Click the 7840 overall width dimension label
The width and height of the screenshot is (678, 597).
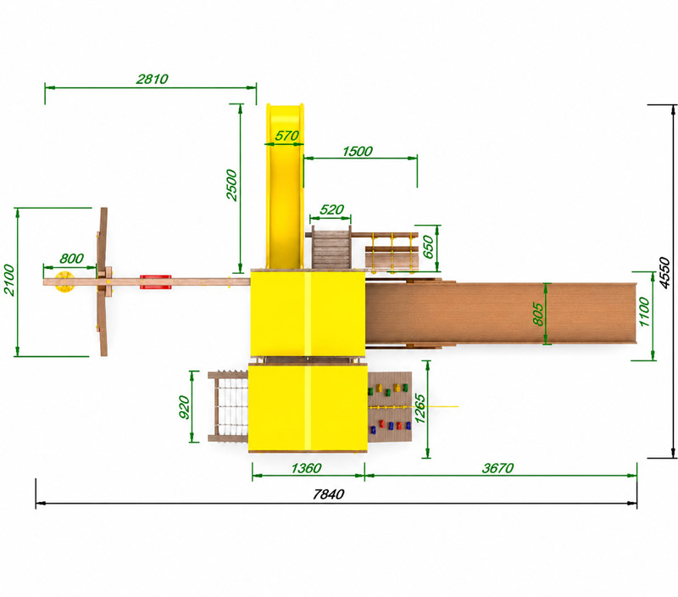coord(328,494)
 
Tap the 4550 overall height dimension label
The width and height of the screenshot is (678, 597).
coord(665,272)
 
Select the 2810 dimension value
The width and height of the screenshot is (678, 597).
coord(153,79)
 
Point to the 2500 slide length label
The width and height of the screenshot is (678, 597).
coord(231,185)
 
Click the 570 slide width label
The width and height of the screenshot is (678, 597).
coord(286,136)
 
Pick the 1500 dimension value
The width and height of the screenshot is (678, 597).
coord(357,152)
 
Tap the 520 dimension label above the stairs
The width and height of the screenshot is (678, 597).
coord(331,209)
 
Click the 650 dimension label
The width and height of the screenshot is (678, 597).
coord(428,247)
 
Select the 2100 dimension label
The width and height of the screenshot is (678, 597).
coord(8,281)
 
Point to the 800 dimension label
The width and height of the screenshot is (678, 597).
coord(71,259)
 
